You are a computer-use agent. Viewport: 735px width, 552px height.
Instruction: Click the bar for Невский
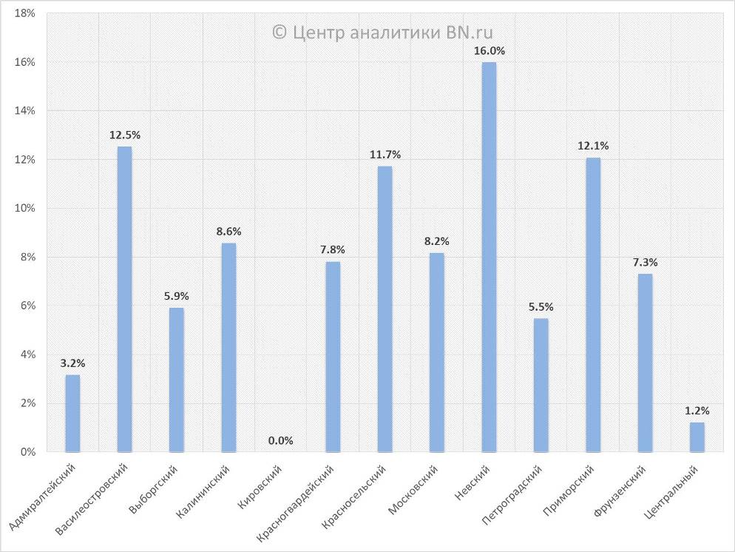tap(489, 257)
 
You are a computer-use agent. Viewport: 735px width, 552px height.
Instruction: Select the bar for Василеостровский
tap(124, 299)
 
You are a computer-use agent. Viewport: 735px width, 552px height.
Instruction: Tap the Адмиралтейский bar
tap(72, 413)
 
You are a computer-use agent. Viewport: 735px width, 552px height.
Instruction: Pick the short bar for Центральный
tap(697, 437)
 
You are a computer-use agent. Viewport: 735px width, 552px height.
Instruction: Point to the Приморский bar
tap(593, 304)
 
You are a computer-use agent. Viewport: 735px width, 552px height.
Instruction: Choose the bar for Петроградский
tap(541, 385)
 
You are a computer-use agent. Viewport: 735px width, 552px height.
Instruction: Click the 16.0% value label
tap(490, 51)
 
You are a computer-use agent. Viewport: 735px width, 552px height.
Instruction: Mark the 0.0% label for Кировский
tap(280, 440)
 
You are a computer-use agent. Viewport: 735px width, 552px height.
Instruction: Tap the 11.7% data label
tap(385, 155)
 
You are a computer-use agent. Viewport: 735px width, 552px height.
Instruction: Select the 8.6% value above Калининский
tap(228, 232)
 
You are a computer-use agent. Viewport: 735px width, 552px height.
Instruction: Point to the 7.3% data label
tap(645, 262)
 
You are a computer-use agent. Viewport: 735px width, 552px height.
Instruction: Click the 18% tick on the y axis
tap(25, 14)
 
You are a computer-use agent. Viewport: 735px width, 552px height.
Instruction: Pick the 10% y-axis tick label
tap(25, 208)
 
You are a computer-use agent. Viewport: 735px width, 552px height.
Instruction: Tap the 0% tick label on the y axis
tap(28, 451)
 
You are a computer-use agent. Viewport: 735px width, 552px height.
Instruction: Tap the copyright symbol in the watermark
tap(280, 32)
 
